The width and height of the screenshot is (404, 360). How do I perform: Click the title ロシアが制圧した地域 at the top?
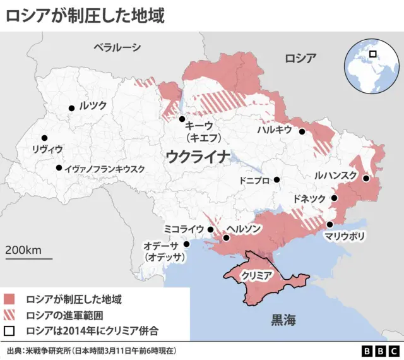85,15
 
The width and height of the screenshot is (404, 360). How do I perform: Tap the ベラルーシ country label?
117,47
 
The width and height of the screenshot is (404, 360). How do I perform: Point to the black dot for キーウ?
182,119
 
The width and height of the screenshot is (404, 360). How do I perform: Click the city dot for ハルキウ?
302,131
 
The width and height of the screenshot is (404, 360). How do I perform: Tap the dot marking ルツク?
71,108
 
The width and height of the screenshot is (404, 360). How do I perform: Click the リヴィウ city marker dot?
44,138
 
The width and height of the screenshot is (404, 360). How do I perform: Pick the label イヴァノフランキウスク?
105,169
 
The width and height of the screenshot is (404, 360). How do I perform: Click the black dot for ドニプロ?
276,180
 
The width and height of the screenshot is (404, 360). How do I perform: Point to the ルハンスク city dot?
365,179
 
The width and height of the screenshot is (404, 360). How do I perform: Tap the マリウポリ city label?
344,237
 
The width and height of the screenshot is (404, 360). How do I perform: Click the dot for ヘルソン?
227,237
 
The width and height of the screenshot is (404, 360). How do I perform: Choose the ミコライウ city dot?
210,229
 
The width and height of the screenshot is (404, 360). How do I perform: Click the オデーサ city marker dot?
186,244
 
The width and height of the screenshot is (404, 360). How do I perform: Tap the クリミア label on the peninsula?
257,276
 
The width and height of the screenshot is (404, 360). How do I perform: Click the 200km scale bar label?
24,250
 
